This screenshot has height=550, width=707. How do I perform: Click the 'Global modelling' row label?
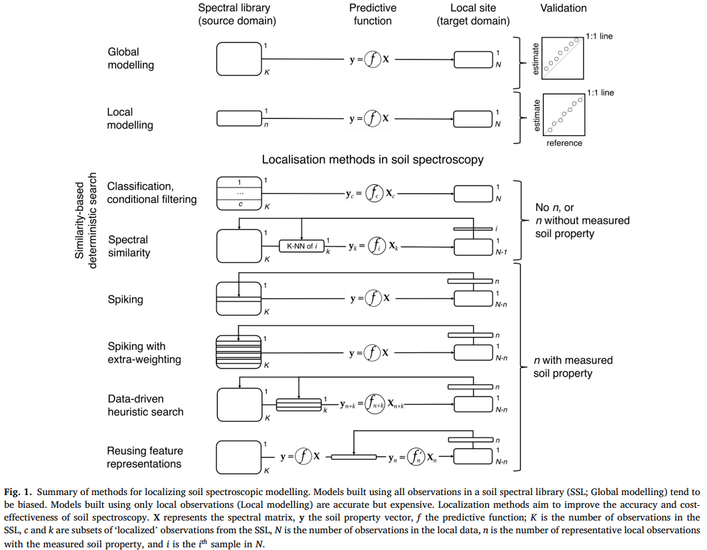[x=131, y=58]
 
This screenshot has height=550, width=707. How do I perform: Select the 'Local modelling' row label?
[x=129, y=119]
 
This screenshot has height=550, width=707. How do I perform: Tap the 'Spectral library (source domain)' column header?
[x=237, y=15]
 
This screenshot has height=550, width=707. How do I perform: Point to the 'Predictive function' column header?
[x=373, y=15]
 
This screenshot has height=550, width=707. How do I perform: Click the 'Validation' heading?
[x=563, y=9]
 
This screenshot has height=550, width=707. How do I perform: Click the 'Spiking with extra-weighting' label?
[x=144, y=353]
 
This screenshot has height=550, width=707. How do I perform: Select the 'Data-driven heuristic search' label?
[x=145, y=405]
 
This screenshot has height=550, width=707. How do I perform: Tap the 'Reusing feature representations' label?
[x=144, y=458]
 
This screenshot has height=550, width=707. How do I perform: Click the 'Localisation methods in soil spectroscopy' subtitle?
[x=373, y=160]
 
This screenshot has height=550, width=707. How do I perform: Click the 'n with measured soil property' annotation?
[x=573, y=366]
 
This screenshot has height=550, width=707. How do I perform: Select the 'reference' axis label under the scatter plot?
[x=564, y=143]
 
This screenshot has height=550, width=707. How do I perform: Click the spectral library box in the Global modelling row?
[x=238, y=59]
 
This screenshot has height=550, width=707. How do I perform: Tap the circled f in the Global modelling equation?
[x=372, y=59]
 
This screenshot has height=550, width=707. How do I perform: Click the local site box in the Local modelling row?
[x=473, y=119]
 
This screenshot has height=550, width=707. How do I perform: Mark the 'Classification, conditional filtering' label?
[x=152, y=193]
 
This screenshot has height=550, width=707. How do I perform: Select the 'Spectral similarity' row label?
[x=128, y=247]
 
